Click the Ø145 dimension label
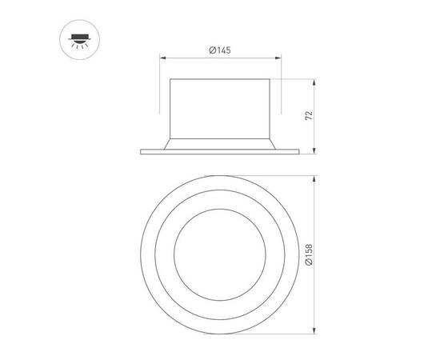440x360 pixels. click(x=220, y=50)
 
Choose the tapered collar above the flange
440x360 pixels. click(x=220, y=142)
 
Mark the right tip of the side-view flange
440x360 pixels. click(x=299, y=152)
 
